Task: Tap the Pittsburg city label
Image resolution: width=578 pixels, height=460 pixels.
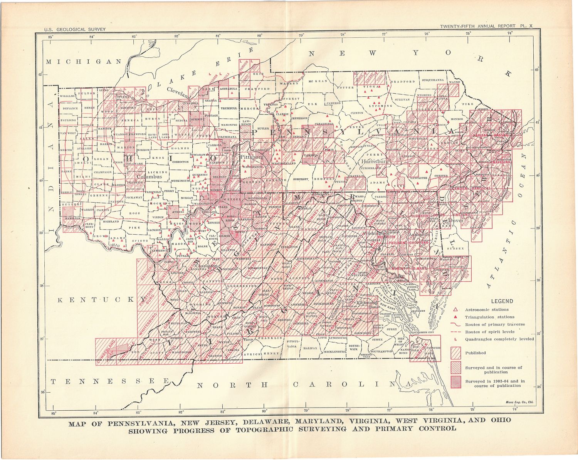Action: pos(252,157)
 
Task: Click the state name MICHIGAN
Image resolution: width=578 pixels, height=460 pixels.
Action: pos(84,62)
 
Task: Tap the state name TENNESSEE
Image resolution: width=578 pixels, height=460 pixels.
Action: pos(110,381)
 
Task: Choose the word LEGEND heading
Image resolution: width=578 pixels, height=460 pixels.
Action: pos(502,301)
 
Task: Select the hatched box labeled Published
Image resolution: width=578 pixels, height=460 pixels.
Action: pos(456,353)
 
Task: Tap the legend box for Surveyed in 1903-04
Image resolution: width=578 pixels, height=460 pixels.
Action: pos(456,381)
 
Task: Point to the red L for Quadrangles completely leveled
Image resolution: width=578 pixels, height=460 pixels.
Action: pos(455,339)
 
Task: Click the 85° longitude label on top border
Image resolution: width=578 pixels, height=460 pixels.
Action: pos(50,37)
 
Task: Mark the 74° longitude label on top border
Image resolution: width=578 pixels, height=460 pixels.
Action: pos(510,33)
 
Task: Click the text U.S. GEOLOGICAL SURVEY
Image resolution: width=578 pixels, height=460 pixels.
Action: pos(74,29)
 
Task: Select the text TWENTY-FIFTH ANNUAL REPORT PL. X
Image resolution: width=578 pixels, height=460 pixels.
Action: pos(486,26)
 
